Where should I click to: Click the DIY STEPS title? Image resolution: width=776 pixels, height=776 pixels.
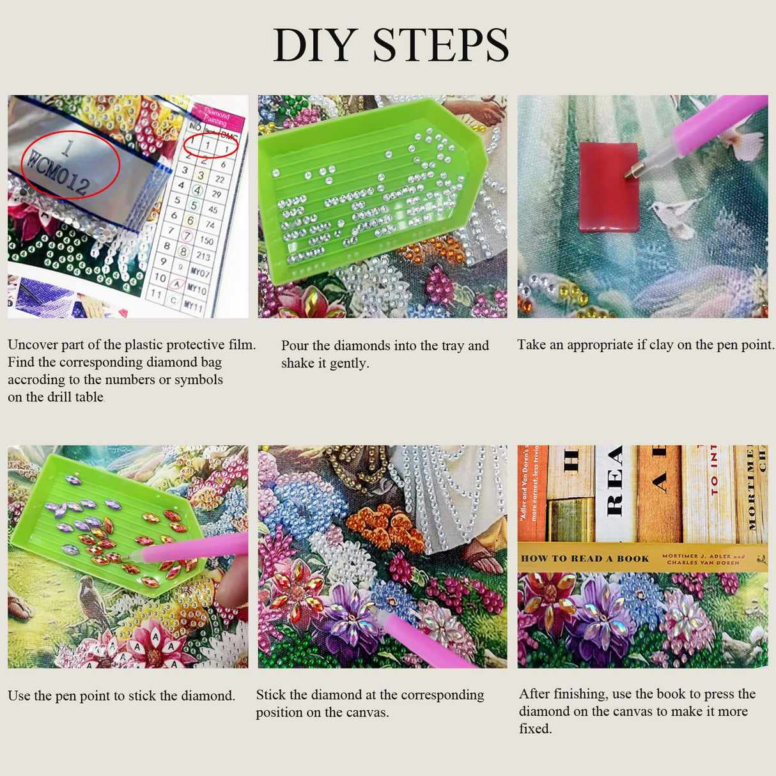pyautogui.click(x=391, y=45)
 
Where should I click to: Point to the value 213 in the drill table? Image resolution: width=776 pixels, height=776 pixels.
pyautogui.click(x=204, y=256)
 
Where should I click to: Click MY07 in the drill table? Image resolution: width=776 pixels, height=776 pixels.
pyautogui.click(x=199, y=273)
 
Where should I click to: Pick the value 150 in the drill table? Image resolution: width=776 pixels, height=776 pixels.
pyautogui.click(x=206, y=240)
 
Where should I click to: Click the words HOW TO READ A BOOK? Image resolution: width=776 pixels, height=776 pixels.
pyautogui.click(x=585, y=559)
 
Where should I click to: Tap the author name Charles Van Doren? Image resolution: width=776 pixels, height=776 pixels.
pyautogui.click(x=702, y=563)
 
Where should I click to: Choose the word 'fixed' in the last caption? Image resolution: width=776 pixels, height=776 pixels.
pyautogui.click(x=534, y=729)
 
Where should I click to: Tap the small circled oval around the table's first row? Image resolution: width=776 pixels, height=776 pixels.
pyautogui.click(x=210, y=146)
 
